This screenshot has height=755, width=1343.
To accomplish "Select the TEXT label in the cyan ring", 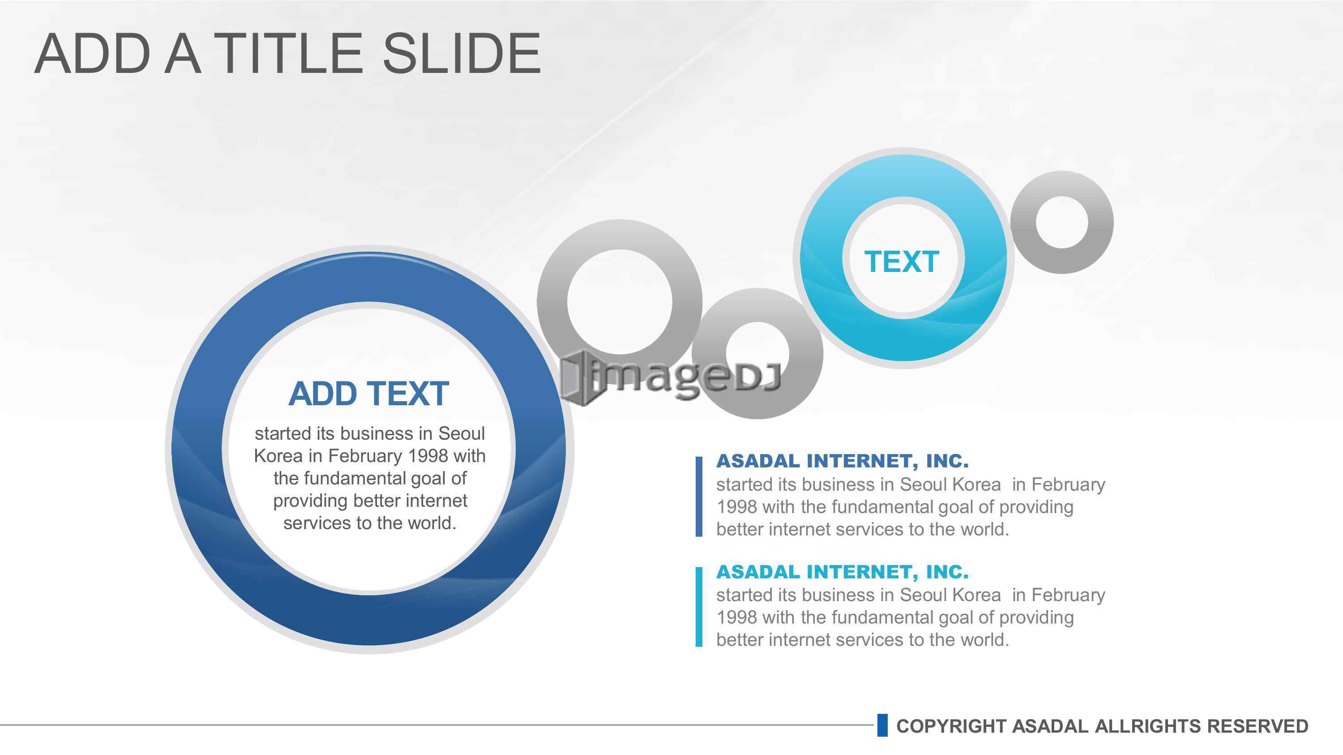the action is pyautogui.click(x=902, y=262).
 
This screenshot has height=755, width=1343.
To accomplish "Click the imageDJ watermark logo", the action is pyautogui.click(x=671, y=378).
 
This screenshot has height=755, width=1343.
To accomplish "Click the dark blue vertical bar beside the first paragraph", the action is pyautogui.click(x=699, y=496).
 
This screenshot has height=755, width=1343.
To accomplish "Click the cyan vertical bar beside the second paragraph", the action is pyautogui.click(x=699, y=607).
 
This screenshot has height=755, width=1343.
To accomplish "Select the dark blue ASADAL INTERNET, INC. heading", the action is pyautogui.click(x=843, y=461).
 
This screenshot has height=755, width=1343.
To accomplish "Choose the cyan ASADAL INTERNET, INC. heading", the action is pyautogui.click(x=843, y=572).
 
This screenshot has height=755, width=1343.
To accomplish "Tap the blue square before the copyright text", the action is pyautogui.click(x=882, y=725).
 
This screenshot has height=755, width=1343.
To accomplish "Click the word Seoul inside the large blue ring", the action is pyautogui.click(x=462, y=433).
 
